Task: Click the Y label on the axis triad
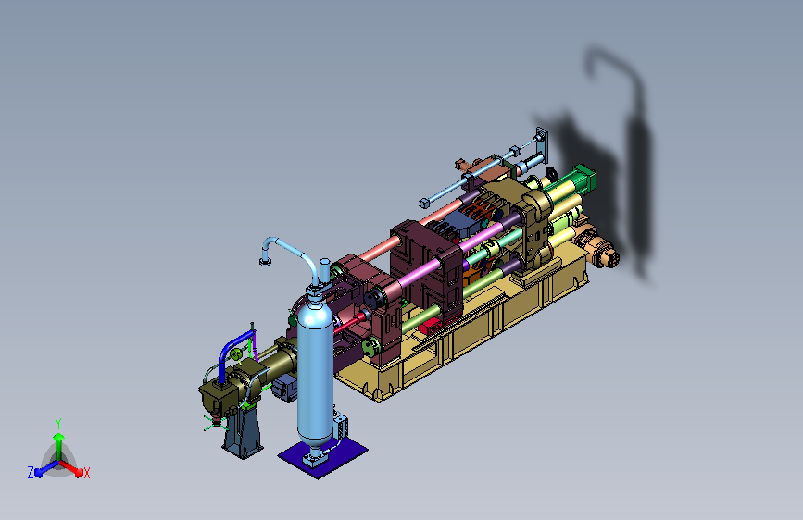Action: point(57,423)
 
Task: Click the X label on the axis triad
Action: point(86,473)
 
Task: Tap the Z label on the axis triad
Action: point(31,473)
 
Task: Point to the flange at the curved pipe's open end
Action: point(265,262)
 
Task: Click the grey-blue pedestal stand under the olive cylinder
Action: point(244,431)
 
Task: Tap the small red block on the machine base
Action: point(429,325)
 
